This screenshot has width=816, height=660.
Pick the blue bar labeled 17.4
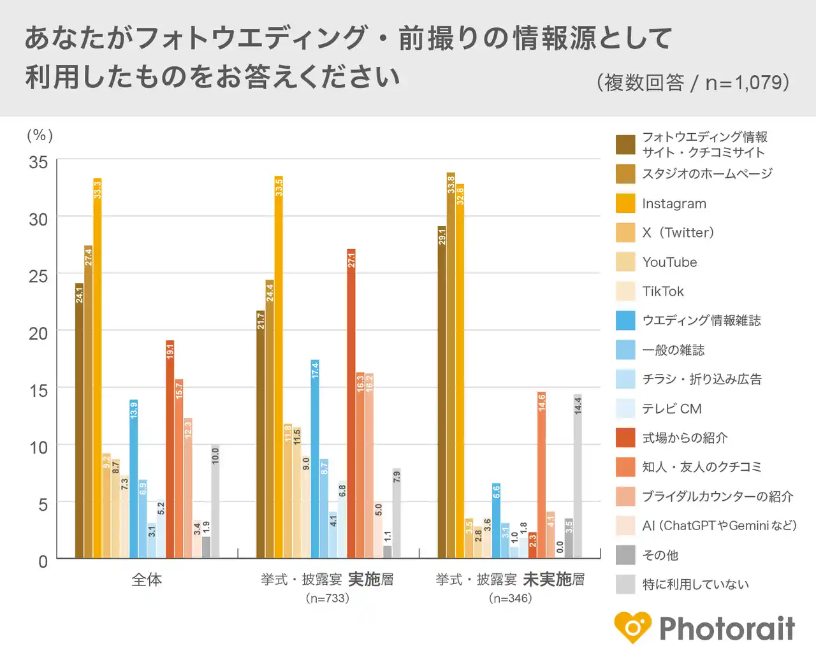(315, 459)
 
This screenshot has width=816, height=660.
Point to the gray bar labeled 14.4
(578, 476)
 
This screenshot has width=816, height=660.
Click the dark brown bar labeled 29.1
(442, 392)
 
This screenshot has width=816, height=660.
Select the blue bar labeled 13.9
(134, 478)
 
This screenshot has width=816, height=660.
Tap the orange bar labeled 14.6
(541, 475)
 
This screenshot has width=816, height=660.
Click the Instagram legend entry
(674, 204)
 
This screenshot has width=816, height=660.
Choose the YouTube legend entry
(669, 262)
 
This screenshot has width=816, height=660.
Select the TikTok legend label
(663, 292)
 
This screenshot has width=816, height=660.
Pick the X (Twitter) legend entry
(678, 233)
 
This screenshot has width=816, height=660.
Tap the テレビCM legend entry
(671, 409)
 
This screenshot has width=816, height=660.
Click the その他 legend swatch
(625, 555)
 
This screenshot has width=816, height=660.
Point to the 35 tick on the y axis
(38, 162)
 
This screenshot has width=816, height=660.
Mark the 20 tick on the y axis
(38, 333)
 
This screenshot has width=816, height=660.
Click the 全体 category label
(147, 580)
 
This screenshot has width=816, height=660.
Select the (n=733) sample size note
(327, 598)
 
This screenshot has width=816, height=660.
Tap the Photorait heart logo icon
(632, 628)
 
